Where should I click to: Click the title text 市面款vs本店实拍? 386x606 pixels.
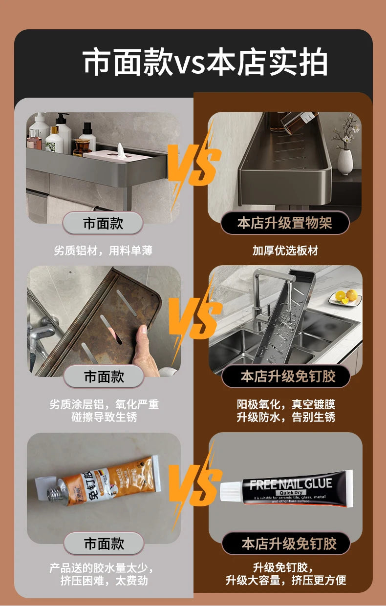click(205, 63)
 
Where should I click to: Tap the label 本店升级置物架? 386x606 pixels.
click(284, 223)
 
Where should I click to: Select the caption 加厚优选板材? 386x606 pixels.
click(285, 251)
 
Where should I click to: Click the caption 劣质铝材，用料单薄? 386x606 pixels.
click(103, 251)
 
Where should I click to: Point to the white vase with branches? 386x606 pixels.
click(345, 158)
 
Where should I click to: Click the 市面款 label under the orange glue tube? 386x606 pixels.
click(104, 543)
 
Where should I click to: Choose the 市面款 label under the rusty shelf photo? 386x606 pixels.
click(104, 376)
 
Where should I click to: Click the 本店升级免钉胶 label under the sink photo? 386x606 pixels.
click(288, 376)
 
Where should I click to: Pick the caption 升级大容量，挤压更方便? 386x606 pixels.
click(286, 580)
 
